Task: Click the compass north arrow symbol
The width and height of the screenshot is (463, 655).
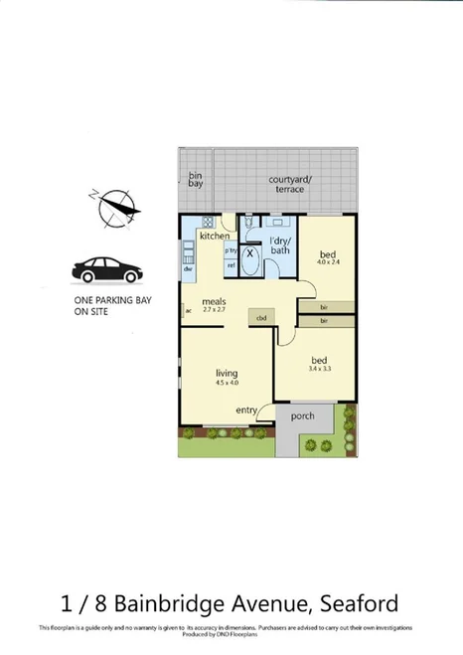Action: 111,207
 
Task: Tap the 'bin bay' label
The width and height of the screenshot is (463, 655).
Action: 196,180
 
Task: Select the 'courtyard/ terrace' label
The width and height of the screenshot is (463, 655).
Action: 290,184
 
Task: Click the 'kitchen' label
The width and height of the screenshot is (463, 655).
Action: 215,237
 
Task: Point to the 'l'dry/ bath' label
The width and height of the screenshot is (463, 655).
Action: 280,245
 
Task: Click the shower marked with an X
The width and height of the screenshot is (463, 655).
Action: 251,252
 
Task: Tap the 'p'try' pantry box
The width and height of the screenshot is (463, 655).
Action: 231,250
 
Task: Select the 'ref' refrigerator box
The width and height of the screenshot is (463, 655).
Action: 231,265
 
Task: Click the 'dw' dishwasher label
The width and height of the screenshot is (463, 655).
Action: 187,269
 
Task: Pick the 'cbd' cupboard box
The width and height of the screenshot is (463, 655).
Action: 262,318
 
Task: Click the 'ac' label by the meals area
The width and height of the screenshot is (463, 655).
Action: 186,311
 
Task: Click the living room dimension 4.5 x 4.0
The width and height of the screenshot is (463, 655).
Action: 228,381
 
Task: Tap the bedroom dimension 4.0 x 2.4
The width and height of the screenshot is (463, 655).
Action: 328,263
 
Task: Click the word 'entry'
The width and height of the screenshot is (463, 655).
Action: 247,409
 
